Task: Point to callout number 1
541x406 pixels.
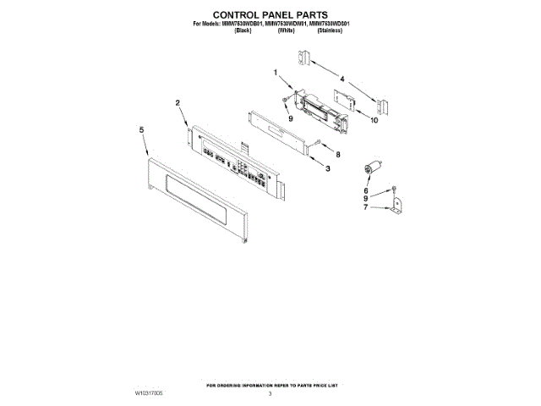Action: [276, 74]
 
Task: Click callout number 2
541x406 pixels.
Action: [178, 102]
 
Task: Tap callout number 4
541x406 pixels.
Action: [342, 79]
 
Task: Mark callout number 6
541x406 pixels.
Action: [367, 191]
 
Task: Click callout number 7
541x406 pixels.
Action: [367, 207]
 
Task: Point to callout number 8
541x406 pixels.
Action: [337, 155]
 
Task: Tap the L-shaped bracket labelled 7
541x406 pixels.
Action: [396, 207]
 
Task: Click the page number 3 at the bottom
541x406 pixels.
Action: [270, 393]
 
